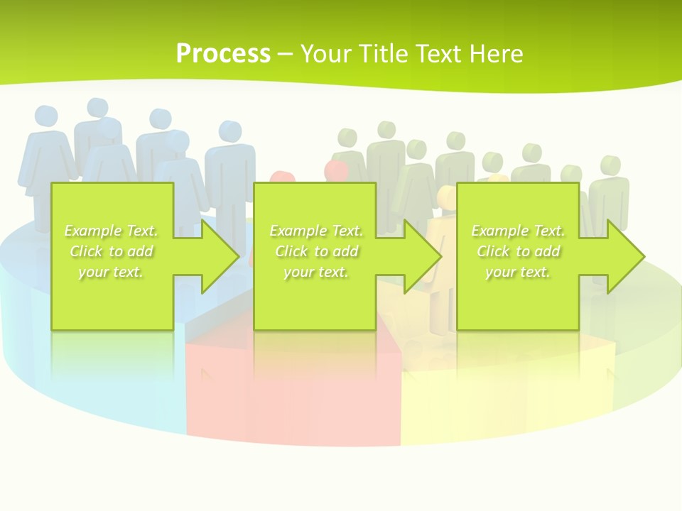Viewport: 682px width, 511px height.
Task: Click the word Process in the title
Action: click(223, 53)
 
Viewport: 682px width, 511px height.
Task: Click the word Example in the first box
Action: click(92, 231)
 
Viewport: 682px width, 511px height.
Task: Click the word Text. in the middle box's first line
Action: click(347, 231)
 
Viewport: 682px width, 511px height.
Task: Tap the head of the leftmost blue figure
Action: click(46, 116)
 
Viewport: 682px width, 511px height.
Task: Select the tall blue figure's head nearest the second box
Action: click(230, 131)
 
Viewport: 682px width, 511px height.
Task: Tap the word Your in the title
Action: click(323, 53)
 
